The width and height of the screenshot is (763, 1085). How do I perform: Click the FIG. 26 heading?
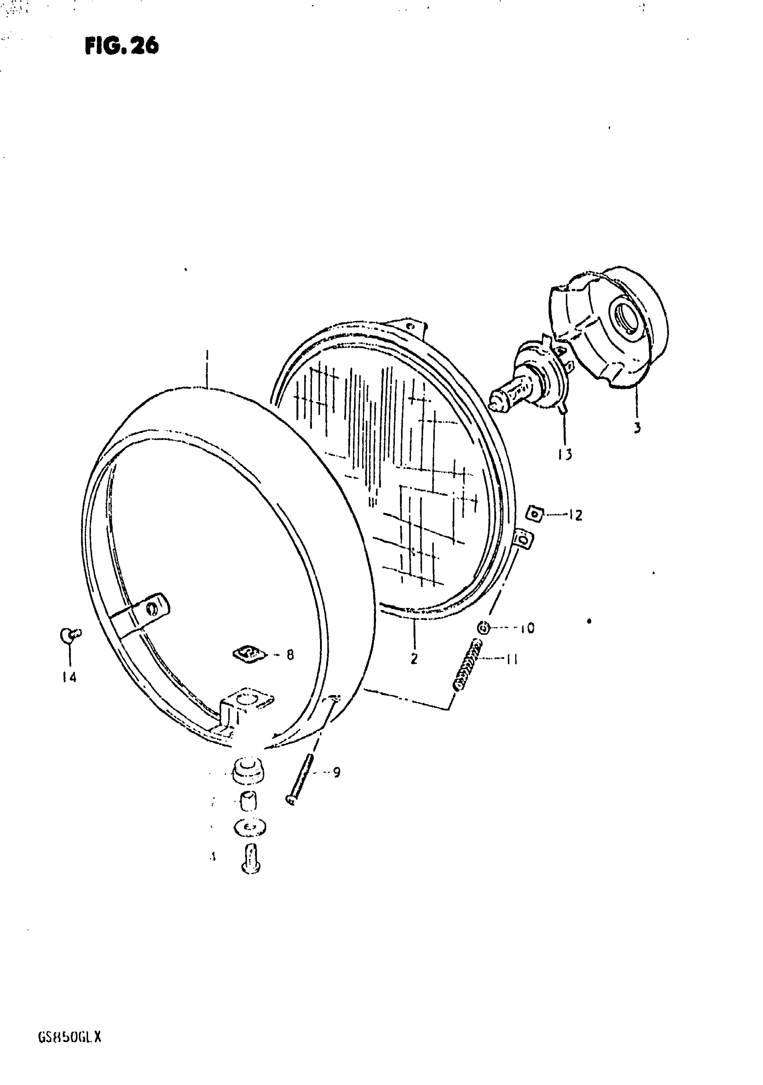[122, 46]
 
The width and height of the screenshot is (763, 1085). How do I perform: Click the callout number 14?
[69, 678]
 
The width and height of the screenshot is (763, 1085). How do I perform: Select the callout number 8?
[290, 655]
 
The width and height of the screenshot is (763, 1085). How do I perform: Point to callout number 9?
[336, 773]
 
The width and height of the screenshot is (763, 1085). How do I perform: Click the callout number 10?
[527, 629]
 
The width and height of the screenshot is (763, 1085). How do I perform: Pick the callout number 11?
[512, 659]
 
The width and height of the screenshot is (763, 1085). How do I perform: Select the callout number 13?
[565, 455]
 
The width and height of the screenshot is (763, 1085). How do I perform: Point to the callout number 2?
[414, 659]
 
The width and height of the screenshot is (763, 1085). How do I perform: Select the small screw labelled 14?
[70, 635]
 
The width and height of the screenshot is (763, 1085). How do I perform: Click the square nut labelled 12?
[535, 513]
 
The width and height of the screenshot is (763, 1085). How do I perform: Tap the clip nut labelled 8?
[249, 655]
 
